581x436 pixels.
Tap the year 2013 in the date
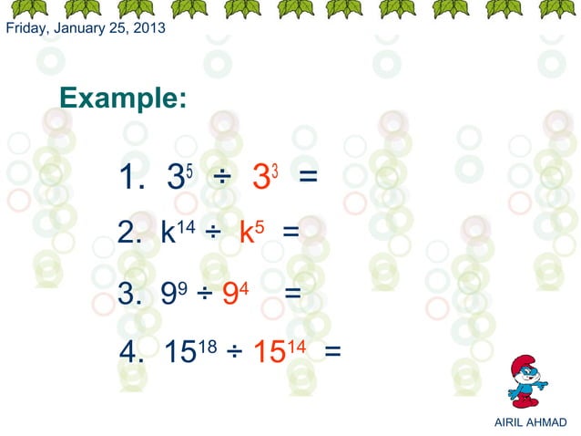150,28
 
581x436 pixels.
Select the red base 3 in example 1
260,180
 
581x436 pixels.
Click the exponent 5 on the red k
260,224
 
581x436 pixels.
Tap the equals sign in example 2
290,234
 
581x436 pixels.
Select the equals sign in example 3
292,294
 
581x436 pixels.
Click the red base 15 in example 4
268,352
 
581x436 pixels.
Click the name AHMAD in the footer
548,421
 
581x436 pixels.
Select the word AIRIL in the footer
510,421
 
